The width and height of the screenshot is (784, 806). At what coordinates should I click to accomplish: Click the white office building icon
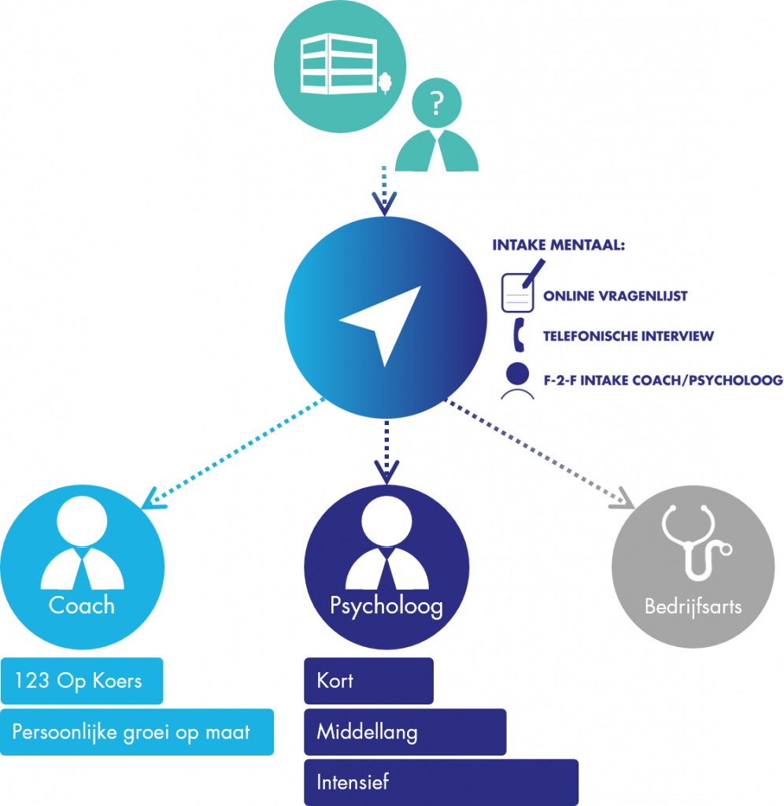click(x=331, y=62)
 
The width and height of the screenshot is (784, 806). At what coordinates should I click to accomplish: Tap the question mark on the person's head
click(x=436, y=102)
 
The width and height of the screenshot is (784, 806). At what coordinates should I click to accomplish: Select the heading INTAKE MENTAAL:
click(x=558, y=246)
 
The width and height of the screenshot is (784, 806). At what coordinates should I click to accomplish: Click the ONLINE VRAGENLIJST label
click(x=615, y=296)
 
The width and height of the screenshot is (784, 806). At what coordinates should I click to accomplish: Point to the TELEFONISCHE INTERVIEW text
click(x=627, y=336)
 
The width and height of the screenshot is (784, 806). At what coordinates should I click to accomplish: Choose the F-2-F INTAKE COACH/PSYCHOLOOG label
click(x=662, y=381)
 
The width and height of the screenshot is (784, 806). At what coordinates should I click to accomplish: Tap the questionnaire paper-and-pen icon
click(x=520, y=289)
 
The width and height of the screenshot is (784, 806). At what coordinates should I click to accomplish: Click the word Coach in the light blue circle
click(x=81, y=605)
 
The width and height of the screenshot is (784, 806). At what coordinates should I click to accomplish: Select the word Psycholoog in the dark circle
click(x=386, y=606)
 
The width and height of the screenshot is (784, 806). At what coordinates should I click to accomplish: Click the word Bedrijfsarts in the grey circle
click(x=693, y=607)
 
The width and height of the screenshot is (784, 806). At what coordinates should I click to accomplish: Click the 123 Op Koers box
click(x=81, y=680)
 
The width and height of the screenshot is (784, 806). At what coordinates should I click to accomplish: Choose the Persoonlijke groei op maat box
click(x=136, y=732)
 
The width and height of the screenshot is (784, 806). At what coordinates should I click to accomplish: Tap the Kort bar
click(x=368, y=681)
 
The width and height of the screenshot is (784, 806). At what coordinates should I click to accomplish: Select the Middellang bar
click(x=405, y=732)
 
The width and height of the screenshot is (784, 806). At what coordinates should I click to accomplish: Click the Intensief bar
click(x=441, y=782)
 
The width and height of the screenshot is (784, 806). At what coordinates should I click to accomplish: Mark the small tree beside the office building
click(x=385, y=82)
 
